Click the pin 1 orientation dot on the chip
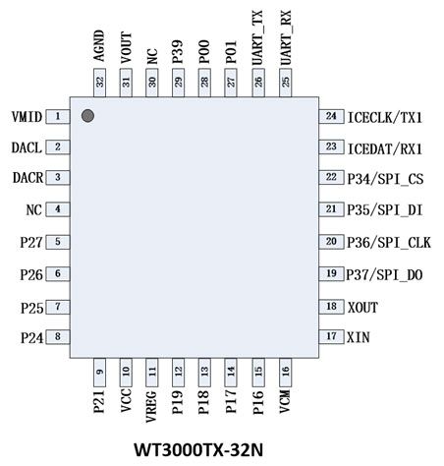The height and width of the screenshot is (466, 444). tap(87, 116)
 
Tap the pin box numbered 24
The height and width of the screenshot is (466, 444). tap(331, 116)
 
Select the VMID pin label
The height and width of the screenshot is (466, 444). tap(27, 117)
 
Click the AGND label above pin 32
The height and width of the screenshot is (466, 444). tap(99, 46)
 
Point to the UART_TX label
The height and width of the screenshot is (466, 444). tap(257, 37)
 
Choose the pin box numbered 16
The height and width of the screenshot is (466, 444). tap(285, 373)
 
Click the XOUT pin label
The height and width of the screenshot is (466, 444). tap(362, 308)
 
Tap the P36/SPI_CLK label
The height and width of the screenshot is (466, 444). tap(389, 243)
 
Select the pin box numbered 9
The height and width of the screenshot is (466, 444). tap(99, 373)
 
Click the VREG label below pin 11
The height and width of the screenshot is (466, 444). tap(151, 406)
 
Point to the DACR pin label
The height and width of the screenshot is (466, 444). tap(28, 178)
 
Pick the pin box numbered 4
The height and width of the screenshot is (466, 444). tap(58, 209)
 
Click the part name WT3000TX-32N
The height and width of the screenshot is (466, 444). tap(198, 449)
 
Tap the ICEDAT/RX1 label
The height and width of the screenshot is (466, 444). tap(385, 149)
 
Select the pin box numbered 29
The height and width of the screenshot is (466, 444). tap(178, 83)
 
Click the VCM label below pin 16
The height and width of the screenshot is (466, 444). tap(285, 401)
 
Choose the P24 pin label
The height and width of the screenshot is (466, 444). tap(32, 338)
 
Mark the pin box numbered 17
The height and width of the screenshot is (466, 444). tap(331, 336)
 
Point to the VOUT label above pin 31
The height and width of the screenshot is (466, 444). tap(126, 47)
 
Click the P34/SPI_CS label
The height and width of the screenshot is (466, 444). tap(385, 179)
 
